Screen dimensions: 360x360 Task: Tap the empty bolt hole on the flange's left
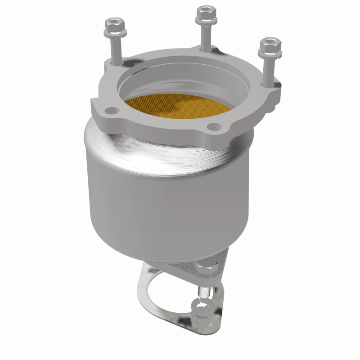(109, 110)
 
